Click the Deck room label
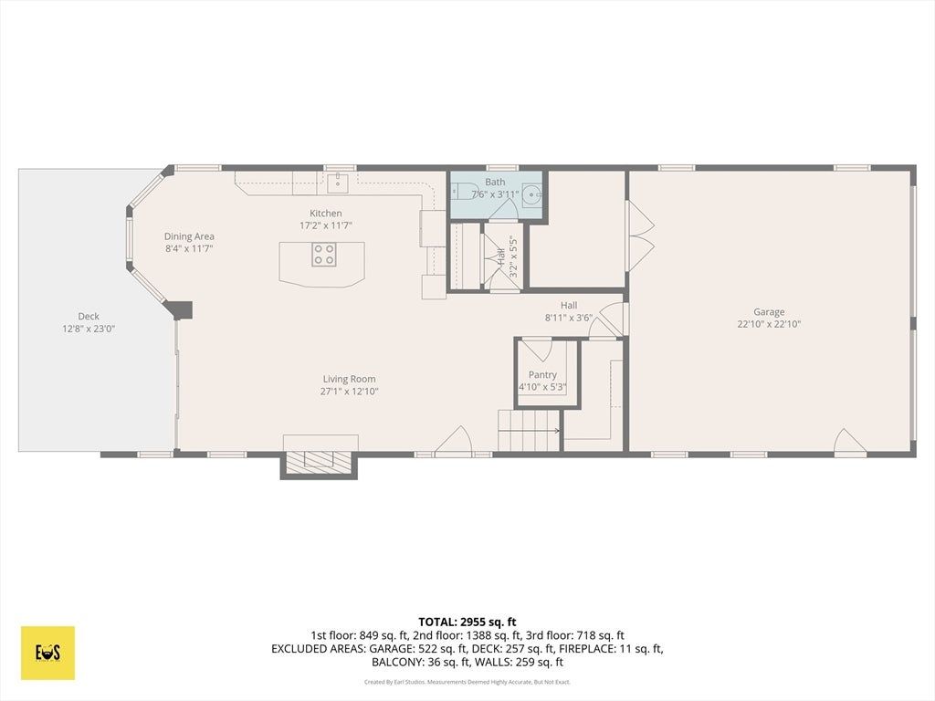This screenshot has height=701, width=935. (89, 316)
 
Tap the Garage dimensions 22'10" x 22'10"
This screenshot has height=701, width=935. (769, 324)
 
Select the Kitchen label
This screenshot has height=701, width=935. (326, 213)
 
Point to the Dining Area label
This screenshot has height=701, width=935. (189, 236)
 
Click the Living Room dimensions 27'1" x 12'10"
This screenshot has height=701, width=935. (350, 392)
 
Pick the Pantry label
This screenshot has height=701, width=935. (542, 374)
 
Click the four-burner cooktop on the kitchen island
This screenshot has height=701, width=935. (324, 254)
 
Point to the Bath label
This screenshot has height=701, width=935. (495, 182)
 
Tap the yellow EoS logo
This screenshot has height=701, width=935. (47, 653)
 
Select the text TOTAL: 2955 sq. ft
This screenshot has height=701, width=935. (467, 623)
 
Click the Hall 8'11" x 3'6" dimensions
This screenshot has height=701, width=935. (569, 318)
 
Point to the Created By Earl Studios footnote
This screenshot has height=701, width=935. (467, 682)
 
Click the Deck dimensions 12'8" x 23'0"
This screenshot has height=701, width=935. (89, 329)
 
